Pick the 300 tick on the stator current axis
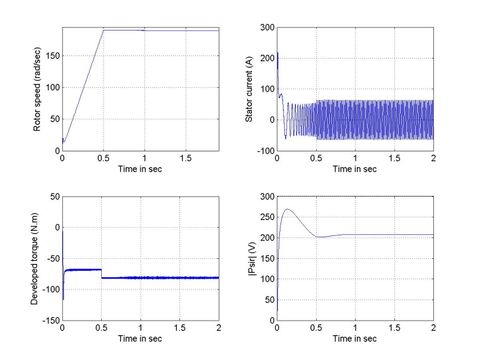pyautogui.click(x=266, y=27)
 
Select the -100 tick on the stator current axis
pyautogui.click(x=264, y=151)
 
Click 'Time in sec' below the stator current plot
pyautogui.click(x=355, y=169)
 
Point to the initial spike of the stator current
pyautogui.click(x=277, y=53)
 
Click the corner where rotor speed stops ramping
pyautogui.click(x=103, y=30)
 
